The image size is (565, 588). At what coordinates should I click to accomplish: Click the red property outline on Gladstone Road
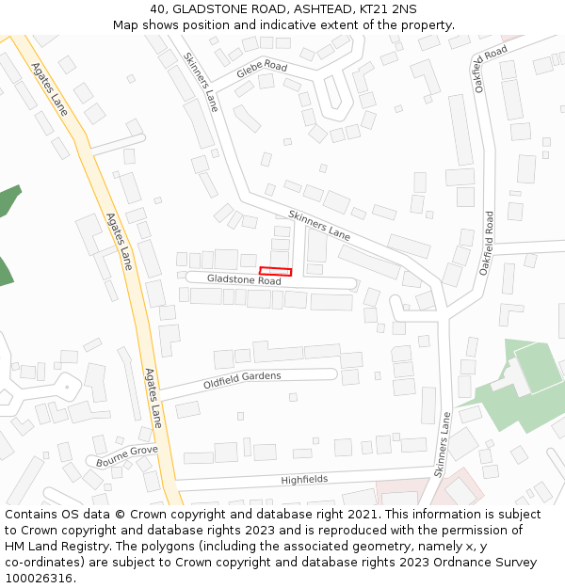pos(276,272)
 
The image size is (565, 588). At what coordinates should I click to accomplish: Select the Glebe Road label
pos(262,68)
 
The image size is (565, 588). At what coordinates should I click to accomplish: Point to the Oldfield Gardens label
pos(242,380)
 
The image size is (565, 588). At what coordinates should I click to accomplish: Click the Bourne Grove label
pos(126,456)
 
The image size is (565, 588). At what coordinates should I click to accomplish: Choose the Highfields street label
pos(304,480)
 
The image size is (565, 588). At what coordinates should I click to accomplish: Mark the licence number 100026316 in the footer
pos(37,579)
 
